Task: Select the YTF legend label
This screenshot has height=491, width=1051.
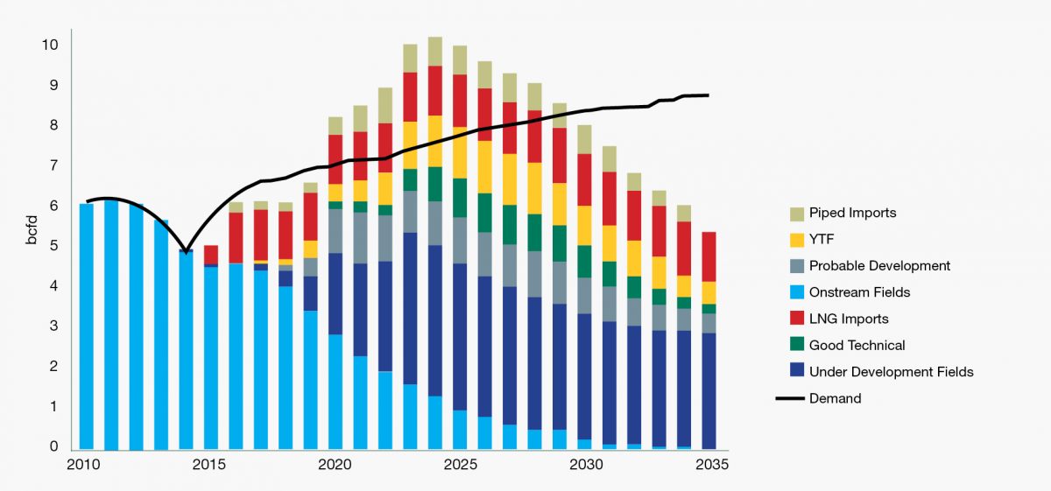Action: click(822, 239)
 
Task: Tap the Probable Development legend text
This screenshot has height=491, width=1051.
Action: click(879, 265)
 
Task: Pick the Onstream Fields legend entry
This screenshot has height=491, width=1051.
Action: click(859, 292)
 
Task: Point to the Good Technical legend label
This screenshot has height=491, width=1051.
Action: click(857, 345)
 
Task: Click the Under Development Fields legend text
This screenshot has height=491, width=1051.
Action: click(891, 372)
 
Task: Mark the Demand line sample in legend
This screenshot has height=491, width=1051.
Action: click(791, 398)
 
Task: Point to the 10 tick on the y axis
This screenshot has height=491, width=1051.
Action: click(51, 45)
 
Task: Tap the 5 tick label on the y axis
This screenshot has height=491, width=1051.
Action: click(54, 246)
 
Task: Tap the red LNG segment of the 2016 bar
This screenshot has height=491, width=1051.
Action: click(236, 237)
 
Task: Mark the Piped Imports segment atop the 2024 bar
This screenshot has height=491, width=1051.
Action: click(434, 52)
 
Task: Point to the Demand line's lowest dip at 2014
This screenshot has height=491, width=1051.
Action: click(187, 252)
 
